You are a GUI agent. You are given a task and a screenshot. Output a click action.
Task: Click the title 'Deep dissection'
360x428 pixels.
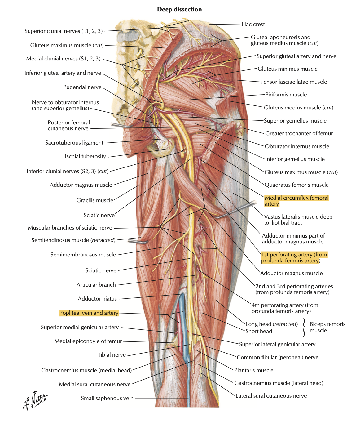[x=179, y=10]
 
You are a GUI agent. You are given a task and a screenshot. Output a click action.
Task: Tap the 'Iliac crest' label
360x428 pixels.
[x=253, y=24]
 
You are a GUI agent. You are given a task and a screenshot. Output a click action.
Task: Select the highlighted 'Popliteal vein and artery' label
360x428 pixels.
[x=89, y=313]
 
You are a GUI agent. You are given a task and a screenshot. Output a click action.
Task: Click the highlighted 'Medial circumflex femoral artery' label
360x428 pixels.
[x=296, y=201]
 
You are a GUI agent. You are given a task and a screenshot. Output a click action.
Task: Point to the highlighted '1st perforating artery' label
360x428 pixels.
[x=294, y=257]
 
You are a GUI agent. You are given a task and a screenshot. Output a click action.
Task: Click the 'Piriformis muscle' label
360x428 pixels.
[x=286, y=95]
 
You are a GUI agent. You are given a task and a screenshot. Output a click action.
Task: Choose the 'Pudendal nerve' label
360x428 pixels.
[x=82, y=87]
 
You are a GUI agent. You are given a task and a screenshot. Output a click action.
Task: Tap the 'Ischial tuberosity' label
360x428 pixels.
[x=85, y=156]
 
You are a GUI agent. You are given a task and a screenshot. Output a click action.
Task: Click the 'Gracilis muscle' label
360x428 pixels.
[x=95, y=200]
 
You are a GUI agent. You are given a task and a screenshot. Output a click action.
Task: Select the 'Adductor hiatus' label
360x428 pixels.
[x=97, y=299]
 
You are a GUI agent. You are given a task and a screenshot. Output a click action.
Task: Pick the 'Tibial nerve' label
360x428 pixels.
[x=112, y=355]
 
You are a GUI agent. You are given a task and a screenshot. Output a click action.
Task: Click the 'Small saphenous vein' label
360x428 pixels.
[x=107, y=398]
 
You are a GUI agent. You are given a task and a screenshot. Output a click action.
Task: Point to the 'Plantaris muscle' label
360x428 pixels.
[x=254, y=370]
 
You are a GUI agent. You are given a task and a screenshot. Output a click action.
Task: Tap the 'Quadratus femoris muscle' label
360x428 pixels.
[x=296, y=185]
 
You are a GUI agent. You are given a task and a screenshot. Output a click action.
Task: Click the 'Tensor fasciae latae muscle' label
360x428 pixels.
[x=293, y=82]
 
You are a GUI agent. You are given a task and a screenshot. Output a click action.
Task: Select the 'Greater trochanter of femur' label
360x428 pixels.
[x=299, y=133]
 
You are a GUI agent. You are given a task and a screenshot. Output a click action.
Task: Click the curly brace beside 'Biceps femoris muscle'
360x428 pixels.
[x=304, y=327]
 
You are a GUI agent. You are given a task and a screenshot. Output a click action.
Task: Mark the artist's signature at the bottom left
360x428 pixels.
[x=35, y=400]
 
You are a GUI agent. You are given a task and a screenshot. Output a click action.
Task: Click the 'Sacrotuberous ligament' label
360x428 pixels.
[x=74, y=143]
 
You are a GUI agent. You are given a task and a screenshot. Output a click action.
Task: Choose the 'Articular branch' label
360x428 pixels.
[x=96, y=285]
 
